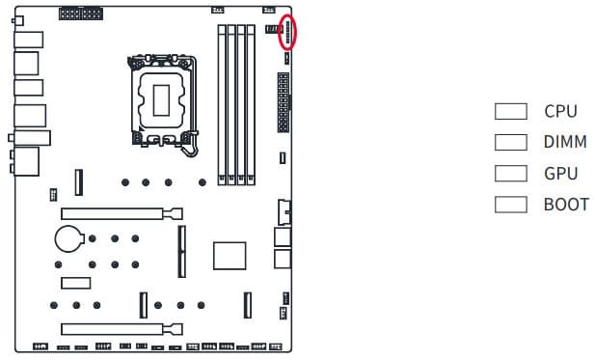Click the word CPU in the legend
point(560,111)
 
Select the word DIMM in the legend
point(565,142)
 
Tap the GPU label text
point(561,174)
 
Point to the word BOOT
point(566,205)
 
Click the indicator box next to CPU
point(511,111)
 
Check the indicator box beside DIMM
point(511,142)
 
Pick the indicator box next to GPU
point(511,173)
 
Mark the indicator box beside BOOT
point(511,205)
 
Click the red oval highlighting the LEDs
point(279,32)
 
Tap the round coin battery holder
point(68,238)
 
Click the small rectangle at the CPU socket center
point(161,100)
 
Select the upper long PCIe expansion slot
point(122,214)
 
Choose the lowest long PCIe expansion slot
point(122,329)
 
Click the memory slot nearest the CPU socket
point(222,105)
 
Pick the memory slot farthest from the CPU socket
point(251,105)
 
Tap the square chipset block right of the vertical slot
point(230,256)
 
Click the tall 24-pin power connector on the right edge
point(284,102)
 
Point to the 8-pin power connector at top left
point(81,14)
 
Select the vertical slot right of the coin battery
point(181,251)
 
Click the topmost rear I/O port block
point(29,40)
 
